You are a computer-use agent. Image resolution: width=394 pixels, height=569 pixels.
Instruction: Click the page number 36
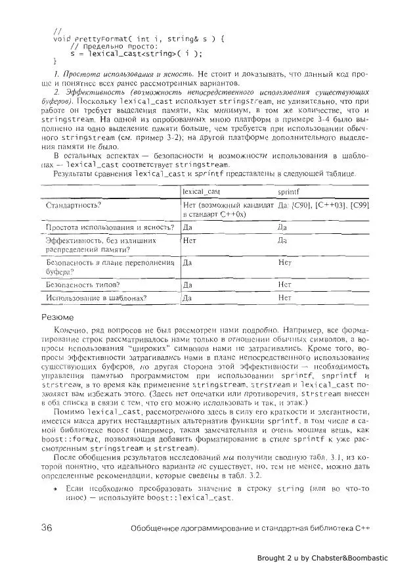click(46, 528)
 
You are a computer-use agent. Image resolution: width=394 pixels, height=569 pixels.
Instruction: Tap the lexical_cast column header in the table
click(201, 191)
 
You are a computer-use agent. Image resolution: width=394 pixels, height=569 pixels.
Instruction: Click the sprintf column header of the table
click(289, 191)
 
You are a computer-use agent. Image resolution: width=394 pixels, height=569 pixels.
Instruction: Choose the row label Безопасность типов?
click(82, 284)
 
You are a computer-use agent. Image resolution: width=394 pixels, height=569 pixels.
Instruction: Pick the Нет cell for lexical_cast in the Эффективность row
click(190, 240)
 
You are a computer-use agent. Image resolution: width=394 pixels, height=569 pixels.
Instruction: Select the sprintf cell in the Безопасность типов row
click(284, 284)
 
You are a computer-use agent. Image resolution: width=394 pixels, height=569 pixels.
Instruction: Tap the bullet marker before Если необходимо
click(58, 489)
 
